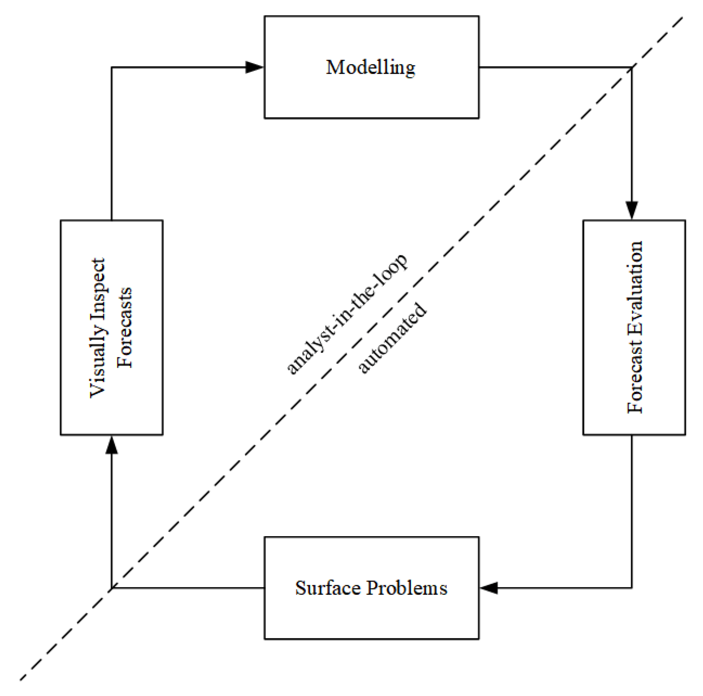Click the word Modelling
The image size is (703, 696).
coord(371,68)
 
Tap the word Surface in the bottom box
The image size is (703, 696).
coord(328,588)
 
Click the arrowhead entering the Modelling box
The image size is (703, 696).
coord(254,67)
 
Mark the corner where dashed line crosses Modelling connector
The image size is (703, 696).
coord(632,68)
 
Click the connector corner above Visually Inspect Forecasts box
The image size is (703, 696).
coord(112,67)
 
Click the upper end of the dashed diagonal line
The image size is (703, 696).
coord(682,17)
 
